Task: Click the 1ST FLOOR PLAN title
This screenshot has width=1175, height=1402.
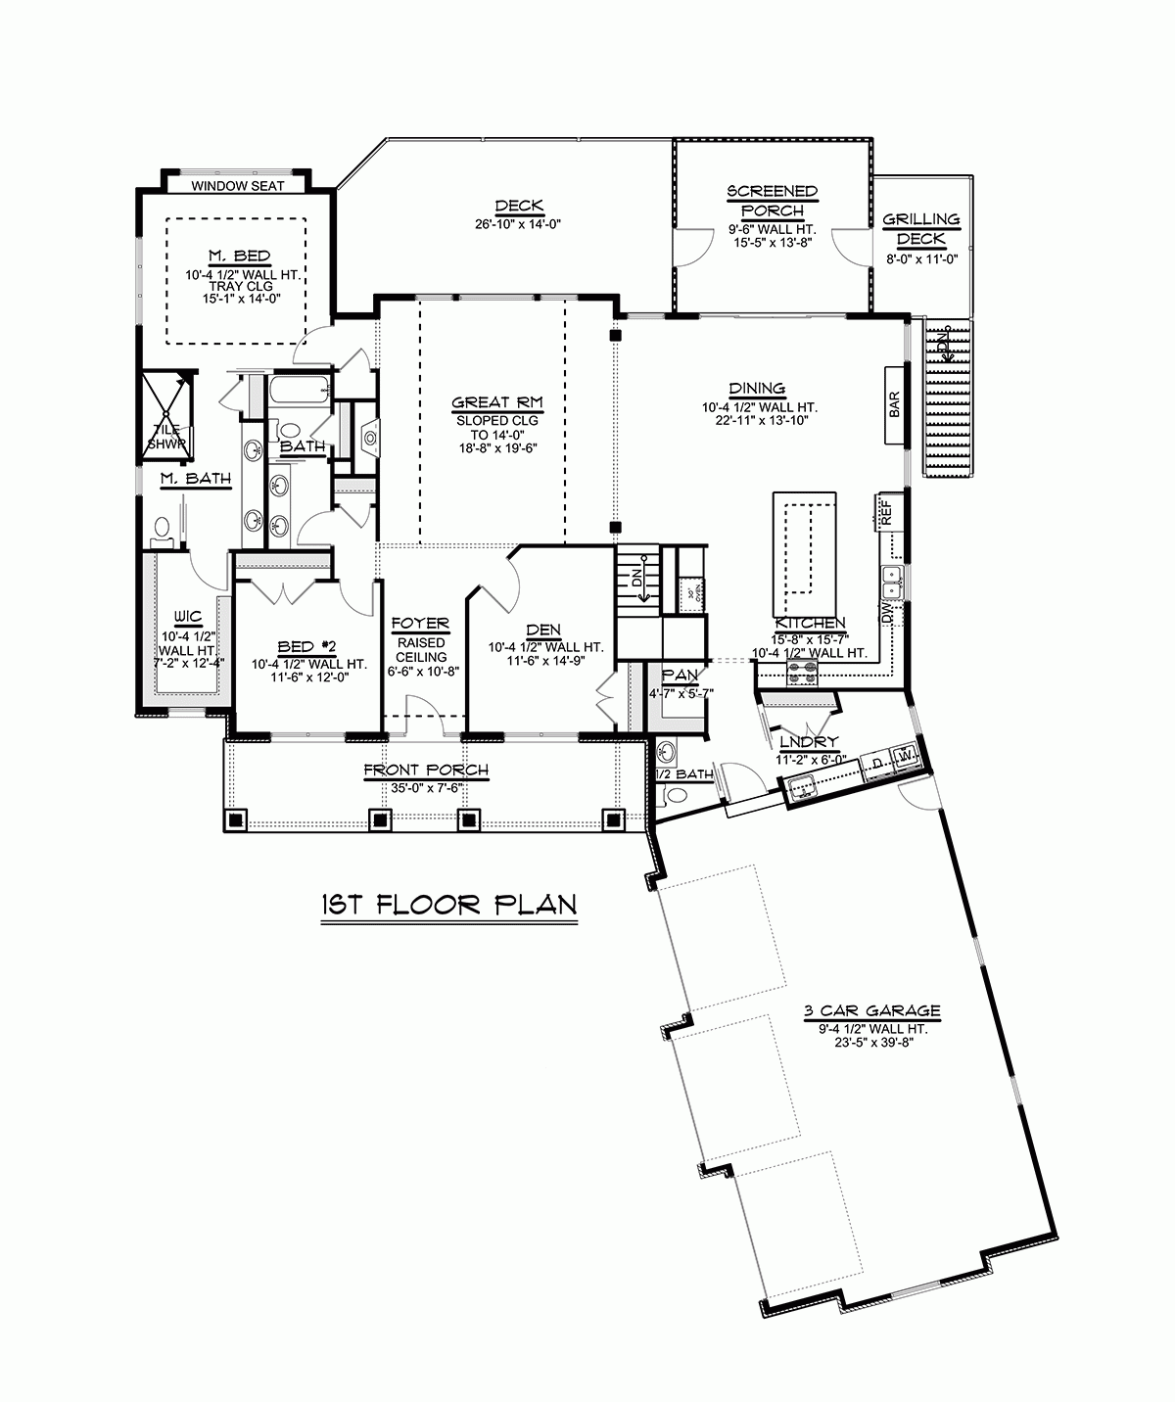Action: click(x=447, y=904)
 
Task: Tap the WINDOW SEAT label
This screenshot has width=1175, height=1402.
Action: click(x=237, y=185)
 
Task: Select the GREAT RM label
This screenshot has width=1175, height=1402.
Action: click(x=496, y=402)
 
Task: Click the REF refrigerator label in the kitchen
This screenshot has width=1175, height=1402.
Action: click(x=886, y=513)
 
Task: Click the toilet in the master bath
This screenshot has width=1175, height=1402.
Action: click(x=162, y=530)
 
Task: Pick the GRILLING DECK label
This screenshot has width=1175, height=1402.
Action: click(x=920, y=229)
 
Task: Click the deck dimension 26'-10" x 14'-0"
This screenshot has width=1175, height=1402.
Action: click(x=519, y=223)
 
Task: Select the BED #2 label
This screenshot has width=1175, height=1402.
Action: click(x=307, y=646)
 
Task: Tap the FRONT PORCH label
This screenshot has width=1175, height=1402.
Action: click(x=425, y=771)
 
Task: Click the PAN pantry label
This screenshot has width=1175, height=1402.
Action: click(x=680, y=675)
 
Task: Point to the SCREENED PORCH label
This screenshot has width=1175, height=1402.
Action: click(x=772, y=201)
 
